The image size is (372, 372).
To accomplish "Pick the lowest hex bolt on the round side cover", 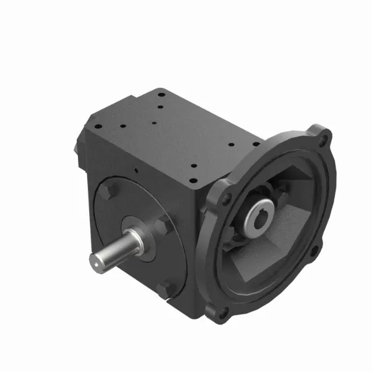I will [x=165, y=289].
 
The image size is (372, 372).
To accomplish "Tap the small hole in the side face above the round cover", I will [x=135, y=170].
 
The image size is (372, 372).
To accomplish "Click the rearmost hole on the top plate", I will [x=160, y=94].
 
